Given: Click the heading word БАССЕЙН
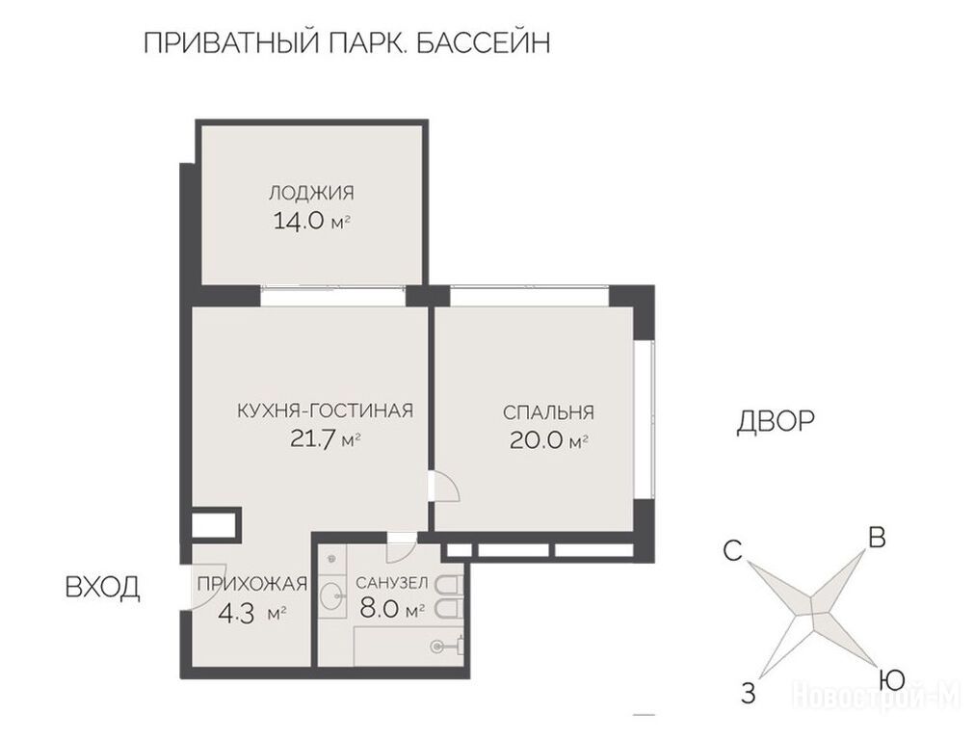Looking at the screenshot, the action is click(x=482, y=42).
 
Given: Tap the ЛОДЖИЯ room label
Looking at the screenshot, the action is click(x=311, y=193).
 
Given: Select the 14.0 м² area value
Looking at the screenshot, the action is click(x=312, y=222).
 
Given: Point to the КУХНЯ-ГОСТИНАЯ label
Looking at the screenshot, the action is click(x=326, y=410).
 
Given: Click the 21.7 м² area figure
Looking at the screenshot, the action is click(x=326, y=439).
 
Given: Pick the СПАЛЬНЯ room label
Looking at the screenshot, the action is click(x=548, y=412).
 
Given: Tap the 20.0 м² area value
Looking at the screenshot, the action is click(x=548, y=440).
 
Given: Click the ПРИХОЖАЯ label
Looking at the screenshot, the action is click(x=252, y=584).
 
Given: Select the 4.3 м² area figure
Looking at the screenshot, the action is click(x=252, y=613).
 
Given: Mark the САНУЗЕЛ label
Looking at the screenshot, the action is click(x=391, y=583).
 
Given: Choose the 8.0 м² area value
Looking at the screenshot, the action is click(x=391, y=609).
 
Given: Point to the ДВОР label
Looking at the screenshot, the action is click(x=776, y=421).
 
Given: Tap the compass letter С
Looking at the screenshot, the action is click(x=733, y=550).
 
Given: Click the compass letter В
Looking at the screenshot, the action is click(x=877, y=538).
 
